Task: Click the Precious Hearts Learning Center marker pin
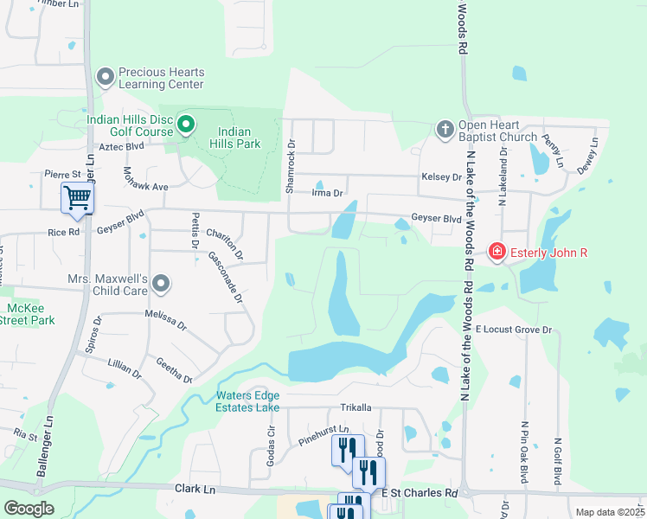tap(106, 78)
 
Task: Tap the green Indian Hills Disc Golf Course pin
tap(185, 126)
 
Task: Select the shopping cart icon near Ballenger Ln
tap(77, 198)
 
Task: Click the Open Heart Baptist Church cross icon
tap(445, 129)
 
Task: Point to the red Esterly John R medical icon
tap(496, 253)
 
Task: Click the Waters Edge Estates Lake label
tap(235, 402)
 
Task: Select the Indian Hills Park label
tap(238, 138)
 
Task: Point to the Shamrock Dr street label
tap(291, 166)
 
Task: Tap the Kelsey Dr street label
tap(441, 177)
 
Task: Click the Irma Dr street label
tap(328, 194)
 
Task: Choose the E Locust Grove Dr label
tap(513, 330)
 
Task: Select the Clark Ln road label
tap(195, 489)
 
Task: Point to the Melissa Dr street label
tap(166, 320)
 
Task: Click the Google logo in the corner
tap(29, 509)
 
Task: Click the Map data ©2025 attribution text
tap(609, 512)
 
